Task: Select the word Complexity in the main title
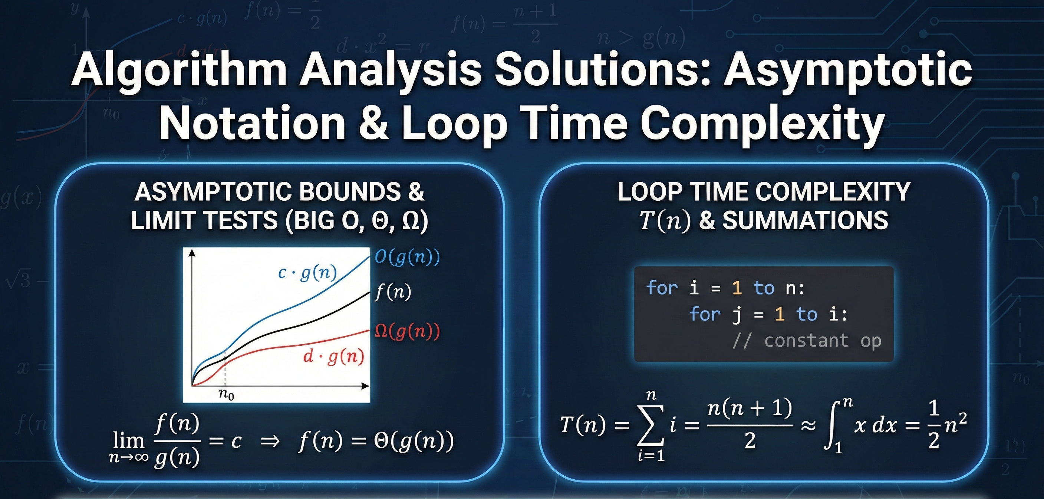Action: pos(762,121)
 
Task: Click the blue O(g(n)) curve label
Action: pos(407,257)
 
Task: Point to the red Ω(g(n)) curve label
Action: pos(407,332)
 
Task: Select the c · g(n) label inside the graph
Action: pos(307,273)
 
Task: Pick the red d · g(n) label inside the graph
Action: pos(333,357)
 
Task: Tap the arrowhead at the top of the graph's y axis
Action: pos(192,253)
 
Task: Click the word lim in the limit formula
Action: pos(128,441)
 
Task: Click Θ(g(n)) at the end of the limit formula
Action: pos(414,441)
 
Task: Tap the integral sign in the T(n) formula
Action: pos(831,426)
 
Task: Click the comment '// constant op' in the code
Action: pos(807,341)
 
